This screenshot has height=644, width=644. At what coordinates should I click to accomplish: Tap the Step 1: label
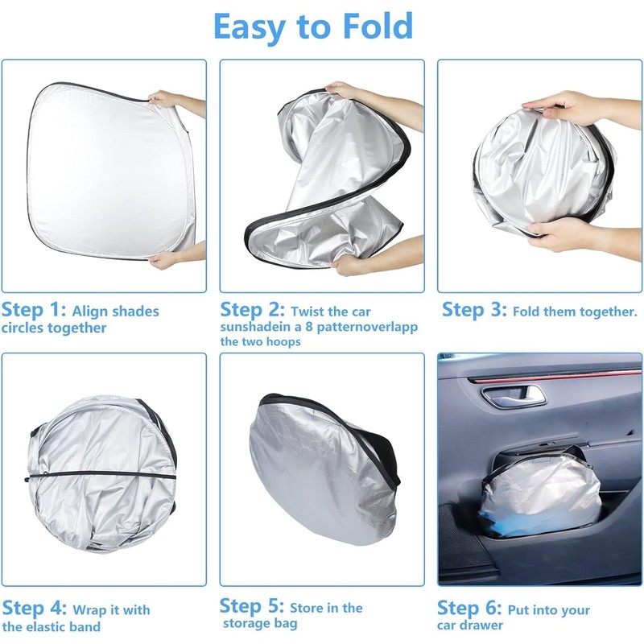(34, 311)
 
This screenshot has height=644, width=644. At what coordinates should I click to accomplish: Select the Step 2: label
(253, 311)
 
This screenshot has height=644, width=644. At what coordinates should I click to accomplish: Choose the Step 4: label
(34, 609)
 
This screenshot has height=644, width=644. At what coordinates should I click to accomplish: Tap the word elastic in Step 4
(49, 626)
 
